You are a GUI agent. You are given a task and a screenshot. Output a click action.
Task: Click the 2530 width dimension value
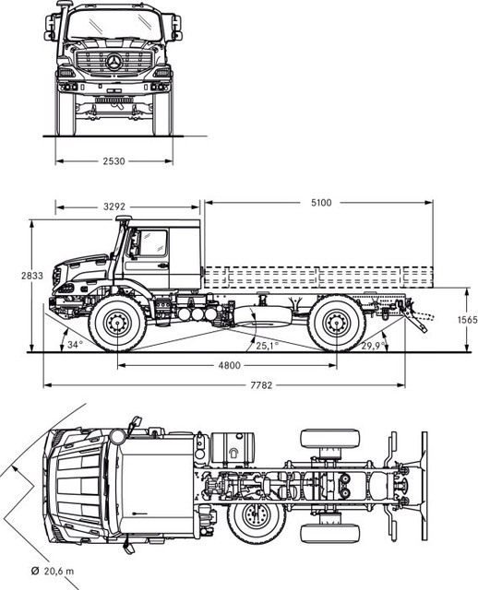pos(114,161)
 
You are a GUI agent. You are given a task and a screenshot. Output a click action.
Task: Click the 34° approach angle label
pos(75,345)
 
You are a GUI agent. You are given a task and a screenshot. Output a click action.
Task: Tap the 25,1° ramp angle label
pos(266,346)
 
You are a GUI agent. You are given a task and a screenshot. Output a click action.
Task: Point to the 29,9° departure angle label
pos(373,346)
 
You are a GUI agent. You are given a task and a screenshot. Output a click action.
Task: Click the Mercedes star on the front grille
pos(114,64)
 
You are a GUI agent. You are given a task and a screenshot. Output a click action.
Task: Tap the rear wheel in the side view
pos(336,323)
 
